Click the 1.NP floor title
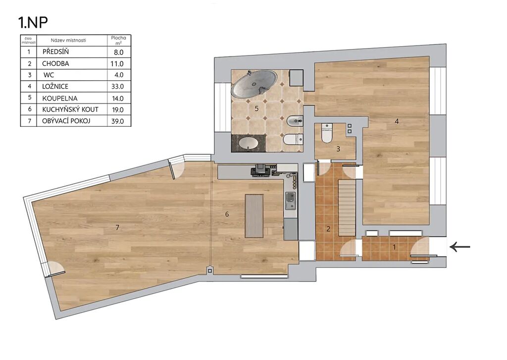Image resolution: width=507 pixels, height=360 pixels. [33, 22]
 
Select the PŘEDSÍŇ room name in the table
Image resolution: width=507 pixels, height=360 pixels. [55, 52]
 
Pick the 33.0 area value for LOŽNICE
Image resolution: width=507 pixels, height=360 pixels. [117, 87]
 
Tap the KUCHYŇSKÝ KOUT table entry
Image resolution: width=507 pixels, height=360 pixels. [70, 109]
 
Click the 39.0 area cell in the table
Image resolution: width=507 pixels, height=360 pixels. [118, 121]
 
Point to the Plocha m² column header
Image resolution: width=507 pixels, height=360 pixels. [119, 40]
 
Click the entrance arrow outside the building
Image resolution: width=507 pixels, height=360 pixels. [460, 247]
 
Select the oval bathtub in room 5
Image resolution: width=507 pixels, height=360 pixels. [254, 84]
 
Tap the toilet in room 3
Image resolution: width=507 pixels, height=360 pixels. [327, 133]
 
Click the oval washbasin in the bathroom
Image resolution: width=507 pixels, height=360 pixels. [249, 143]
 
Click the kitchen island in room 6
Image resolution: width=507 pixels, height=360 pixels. [254, 216]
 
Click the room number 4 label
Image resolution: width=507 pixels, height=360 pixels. [397, 121]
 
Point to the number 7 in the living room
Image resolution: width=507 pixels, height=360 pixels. [117, 228]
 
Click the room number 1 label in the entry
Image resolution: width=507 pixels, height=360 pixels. [394, 247]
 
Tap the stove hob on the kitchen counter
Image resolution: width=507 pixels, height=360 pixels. [260, 170]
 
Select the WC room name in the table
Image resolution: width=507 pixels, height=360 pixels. [49, 75]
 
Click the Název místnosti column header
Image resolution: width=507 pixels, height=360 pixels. [68, 41]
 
